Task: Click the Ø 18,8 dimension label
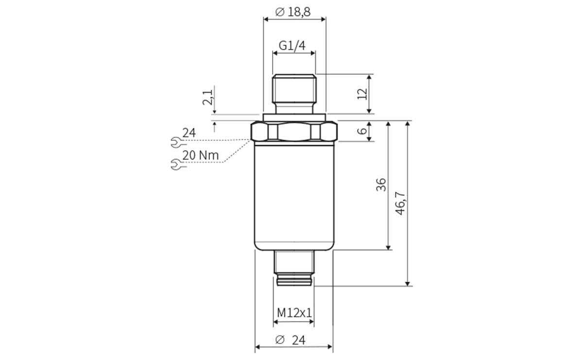[x=293, y=12]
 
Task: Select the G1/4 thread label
[x=292, y=46]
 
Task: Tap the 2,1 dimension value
[x=208, y=97]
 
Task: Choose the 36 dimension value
[x=381, y=184]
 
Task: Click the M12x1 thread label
[x=294, y=312]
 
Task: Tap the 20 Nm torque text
[x=201, y=155]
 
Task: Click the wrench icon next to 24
[x=176, y=142]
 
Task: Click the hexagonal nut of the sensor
[x=294, y=132]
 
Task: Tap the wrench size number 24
[x=189, y=133]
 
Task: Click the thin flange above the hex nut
[x=294, y=117]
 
